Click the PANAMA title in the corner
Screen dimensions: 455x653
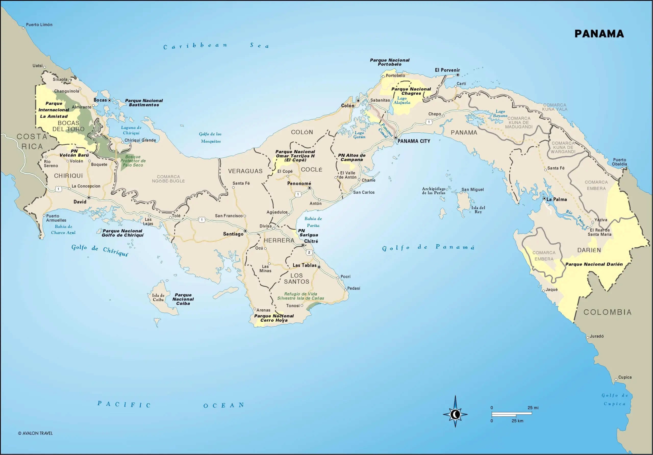[x=599, y=34]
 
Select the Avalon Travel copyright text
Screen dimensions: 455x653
[x=35, y=433]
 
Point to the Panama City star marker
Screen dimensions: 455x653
[x=395, y=138]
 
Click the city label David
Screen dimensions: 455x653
[x=80, y=202]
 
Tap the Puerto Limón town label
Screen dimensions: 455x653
[x=39, y=25]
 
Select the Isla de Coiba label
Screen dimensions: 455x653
[x=158, y=297]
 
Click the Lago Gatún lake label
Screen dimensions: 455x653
[x=359, y=135]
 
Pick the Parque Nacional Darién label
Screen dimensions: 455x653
[x=594, y=264]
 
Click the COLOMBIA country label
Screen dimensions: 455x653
[x=608, y=312]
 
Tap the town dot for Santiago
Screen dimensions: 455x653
[x=245, y=231]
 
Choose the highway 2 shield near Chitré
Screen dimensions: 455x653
[x=309, y=252]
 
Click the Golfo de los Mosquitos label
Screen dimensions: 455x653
[x=210, y=137]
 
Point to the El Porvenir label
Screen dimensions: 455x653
[x=447, y=70]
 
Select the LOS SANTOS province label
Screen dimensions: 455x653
[x=296, y=279]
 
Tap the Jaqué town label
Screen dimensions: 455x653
[x=551, y=289]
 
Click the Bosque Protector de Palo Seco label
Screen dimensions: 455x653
[x=133, y=161]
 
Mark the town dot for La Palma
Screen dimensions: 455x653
[x=544, y=198]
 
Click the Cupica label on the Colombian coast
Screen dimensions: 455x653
[x=625, y=377]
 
